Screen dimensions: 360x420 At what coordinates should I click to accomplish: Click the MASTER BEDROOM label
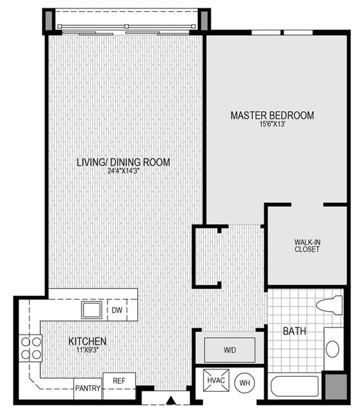click(272, 115)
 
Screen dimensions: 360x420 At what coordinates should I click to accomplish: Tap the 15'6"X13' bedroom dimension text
click(272, 124)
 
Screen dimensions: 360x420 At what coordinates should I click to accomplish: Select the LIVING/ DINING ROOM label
click(123, 162)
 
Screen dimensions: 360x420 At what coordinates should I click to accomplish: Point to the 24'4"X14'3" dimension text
click(124, 171)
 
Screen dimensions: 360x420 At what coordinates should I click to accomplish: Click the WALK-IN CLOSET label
click(307, 245)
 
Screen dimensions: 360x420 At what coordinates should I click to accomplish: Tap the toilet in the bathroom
click(330, 305)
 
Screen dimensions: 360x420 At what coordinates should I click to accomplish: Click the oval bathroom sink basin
click(332, 349)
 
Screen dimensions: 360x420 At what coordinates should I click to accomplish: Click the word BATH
click(294, 331)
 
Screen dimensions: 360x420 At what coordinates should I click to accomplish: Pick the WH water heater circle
click(244, 383)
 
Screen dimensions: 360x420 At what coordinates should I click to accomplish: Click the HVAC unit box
click(216, 381)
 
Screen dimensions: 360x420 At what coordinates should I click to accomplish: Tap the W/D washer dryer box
click(229, 350)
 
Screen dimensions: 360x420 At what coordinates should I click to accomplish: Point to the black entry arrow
click(170, 400)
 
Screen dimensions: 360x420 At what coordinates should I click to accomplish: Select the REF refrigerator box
click(119, 386)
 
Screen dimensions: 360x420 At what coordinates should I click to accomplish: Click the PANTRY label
click(88, 388)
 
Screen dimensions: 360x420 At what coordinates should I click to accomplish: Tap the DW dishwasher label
click(117, 310)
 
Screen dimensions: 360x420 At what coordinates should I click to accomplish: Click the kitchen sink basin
click(92, 310)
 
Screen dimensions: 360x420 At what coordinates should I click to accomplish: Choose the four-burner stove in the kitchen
click(30, 348)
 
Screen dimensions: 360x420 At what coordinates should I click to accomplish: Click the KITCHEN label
click(88, 341)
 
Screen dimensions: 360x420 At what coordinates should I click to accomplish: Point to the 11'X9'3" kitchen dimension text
click(88, 350)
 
